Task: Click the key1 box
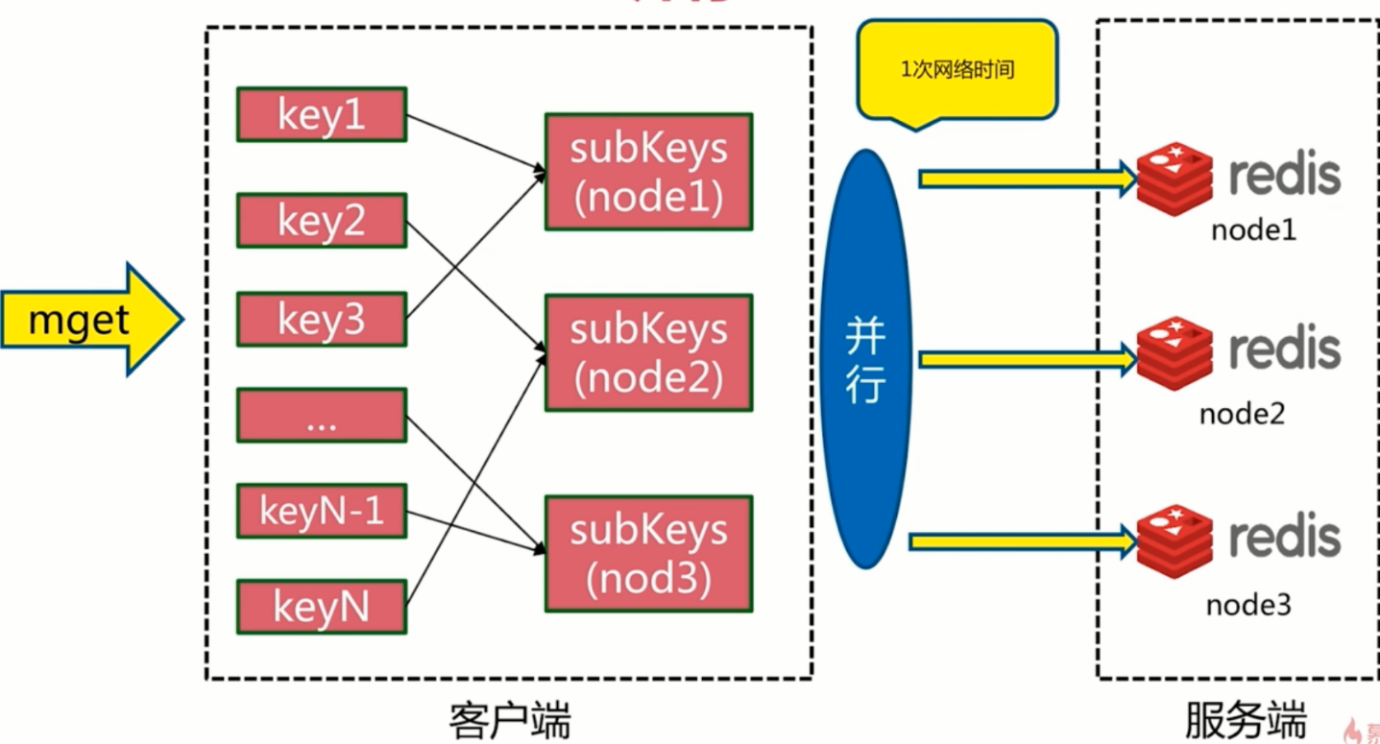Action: click(322, 114)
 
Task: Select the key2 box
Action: click(322, 220)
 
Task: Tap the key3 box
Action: click(322, 319)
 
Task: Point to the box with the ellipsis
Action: click(322, 415)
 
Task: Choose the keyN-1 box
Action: click(322, 511)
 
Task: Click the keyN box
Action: click(322, 607)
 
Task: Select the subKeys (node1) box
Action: click(648, 172)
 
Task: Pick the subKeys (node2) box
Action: click(648, 352)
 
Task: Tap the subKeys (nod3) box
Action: click(648, 554)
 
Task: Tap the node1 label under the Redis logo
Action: click(1252, 231)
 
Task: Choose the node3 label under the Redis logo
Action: click(1248, 605)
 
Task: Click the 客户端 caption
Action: click(509, 720)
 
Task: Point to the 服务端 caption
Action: click(1246, 720)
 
